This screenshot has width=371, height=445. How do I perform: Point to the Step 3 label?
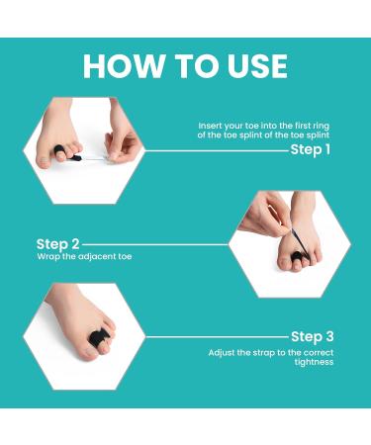[x=313, y=336]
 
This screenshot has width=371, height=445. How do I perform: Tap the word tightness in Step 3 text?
[x=313, y=362]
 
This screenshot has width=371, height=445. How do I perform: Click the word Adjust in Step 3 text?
[x=223, y=352]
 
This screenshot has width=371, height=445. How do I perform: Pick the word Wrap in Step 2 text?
[x=47, y=256]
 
